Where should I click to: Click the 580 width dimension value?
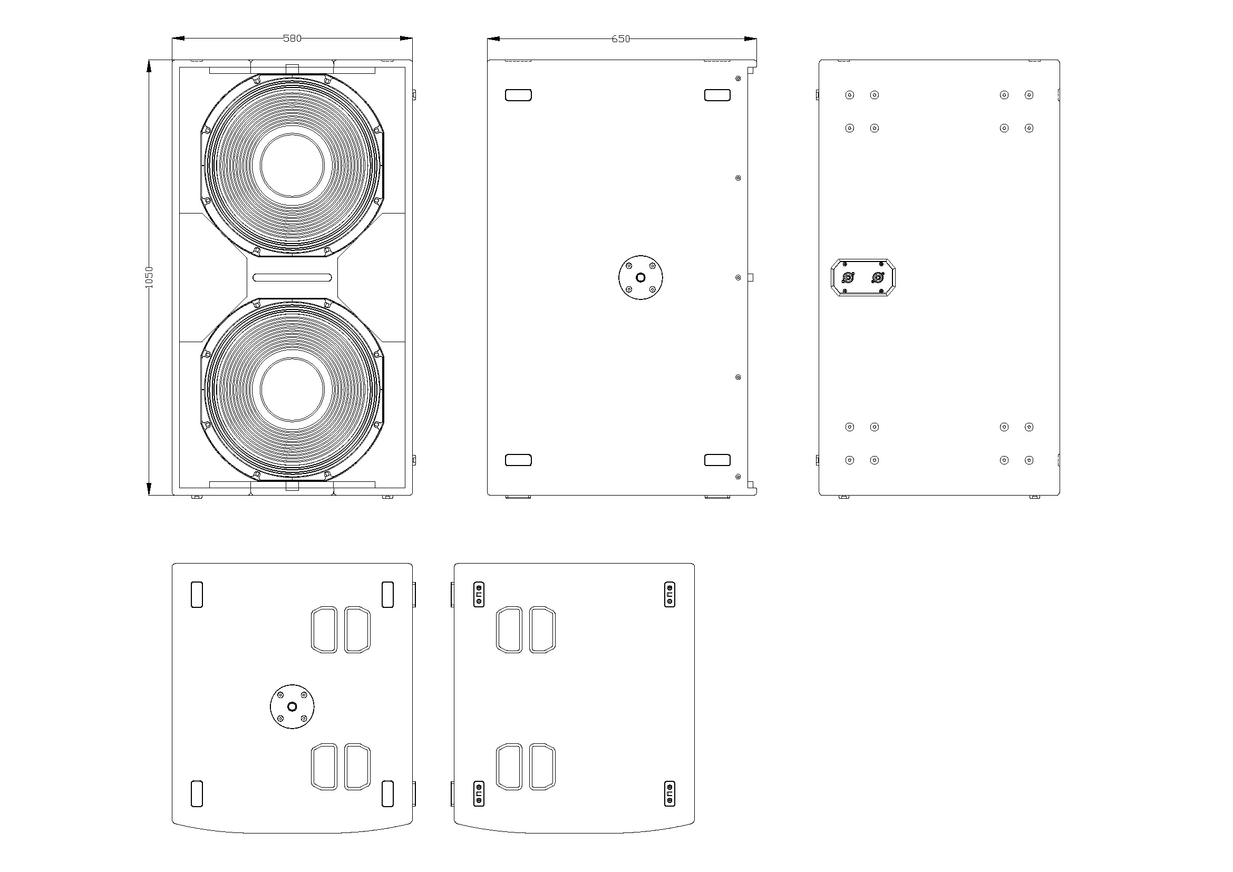click(x=292, y=38)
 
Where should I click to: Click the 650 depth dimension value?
click(x=621, y=38)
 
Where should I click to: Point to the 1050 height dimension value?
click(x=149, y=278)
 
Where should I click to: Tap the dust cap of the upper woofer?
click(x=292, y=166)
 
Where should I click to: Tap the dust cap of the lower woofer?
click(x=292, y=390)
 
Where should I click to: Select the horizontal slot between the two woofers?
click(x=292, y=278)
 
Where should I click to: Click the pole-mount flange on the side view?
click(x=640, y=278)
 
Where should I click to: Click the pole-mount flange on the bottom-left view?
click(x=292, y=706)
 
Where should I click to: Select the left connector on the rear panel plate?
click(x=849, y=278)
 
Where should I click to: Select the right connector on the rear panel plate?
click(x=878, y=278)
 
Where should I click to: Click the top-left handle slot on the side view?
click(x=518, y=95)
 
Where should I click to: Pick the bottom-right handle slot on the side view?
click(x=717, y=460)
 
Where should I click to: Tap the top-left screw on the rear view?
click(x=850, y=95)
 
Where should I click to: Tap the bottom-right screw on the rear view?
click(x=1029, y=460)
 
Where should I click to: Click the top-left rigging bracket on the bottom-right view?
click(x=479, y=594)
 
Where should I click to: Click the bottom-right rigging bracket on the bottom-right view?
click(x=669, y=793)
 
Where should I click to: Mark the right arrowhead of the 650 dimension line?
click(x=750, y=38)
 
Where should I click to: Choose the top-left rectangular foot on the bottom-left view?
click(x=197, y=594)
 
